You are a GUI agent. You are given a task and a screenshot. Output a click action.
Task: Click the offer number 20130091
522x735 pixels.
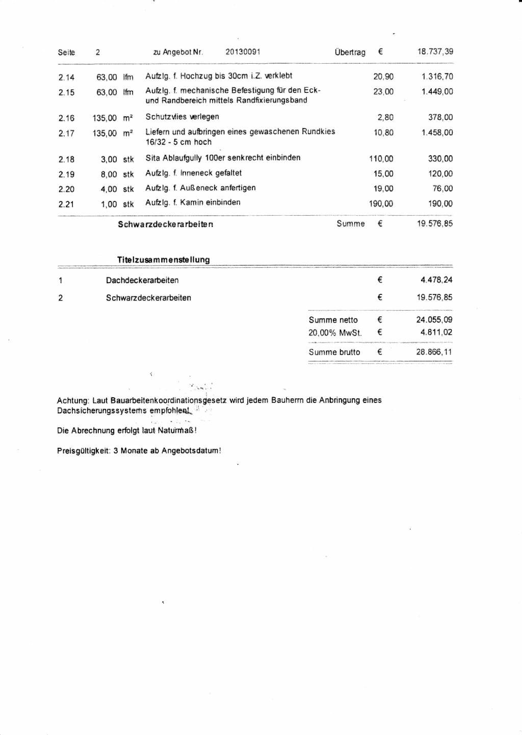[243, 52]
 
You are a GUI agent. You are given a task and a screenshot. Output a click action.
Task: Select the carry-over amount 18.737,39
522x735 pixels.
[435, 52]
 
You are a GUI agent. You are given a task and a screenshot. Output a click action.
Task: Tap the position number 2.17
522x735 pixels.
[66, 134]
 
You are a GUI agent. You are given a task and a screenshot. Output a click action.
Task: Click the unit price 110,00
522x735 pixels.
[381, 159]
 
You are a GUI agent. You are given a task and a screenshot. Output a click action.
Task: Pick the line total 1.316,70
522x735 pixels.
[437, 77]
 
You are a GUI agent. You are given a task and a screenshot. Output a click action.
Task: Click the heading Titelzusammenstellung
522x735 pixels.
[163, 260]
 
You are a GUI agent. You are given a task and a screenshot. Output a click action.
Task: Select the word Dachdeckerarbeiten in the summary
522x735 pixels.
[142, 280]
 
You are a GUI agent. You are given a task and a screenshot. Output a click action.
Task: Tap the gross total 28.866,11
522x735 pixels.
[434, 352]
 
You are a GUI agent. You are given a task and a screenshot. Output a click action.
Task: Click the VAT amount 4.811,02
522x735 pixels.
[436, 332]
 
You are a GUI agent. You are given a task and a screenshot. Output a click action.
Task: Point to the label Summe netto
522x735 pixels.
[333, 320]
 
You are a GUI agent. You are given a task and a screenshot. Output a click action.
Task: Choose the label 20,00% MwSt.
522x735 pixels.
[335, 333]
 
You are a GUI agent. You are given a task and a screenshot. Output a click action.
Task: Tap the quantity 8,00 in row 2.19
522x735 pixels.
[109, 174]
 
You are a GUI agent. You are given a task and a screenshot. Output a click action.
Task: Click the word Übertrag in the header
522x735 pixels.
[350, 52]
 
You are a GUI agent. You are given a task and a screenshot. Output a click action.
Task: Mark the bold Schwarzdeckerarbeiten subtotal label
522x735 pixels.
[165, 224]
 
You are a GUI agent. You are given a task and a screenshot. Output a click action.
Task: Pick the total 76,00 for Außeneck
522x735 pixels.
[442, 189]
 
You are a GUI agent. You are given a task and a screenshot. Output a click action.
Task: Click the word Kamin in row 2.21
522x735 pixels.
[192, 202]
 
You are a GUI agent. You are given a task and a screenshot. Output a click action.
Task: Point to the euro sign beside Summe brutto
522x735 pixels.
[380, 351]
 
